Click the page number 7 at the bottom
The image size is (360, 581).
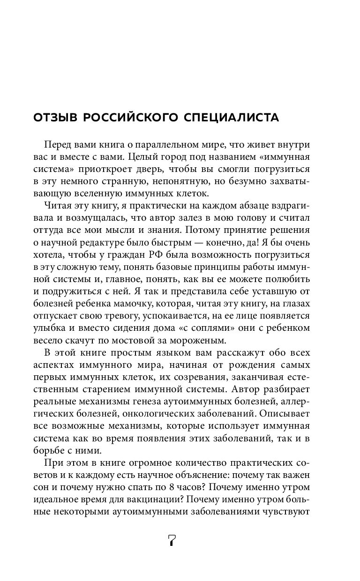[x=172, y=540]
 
